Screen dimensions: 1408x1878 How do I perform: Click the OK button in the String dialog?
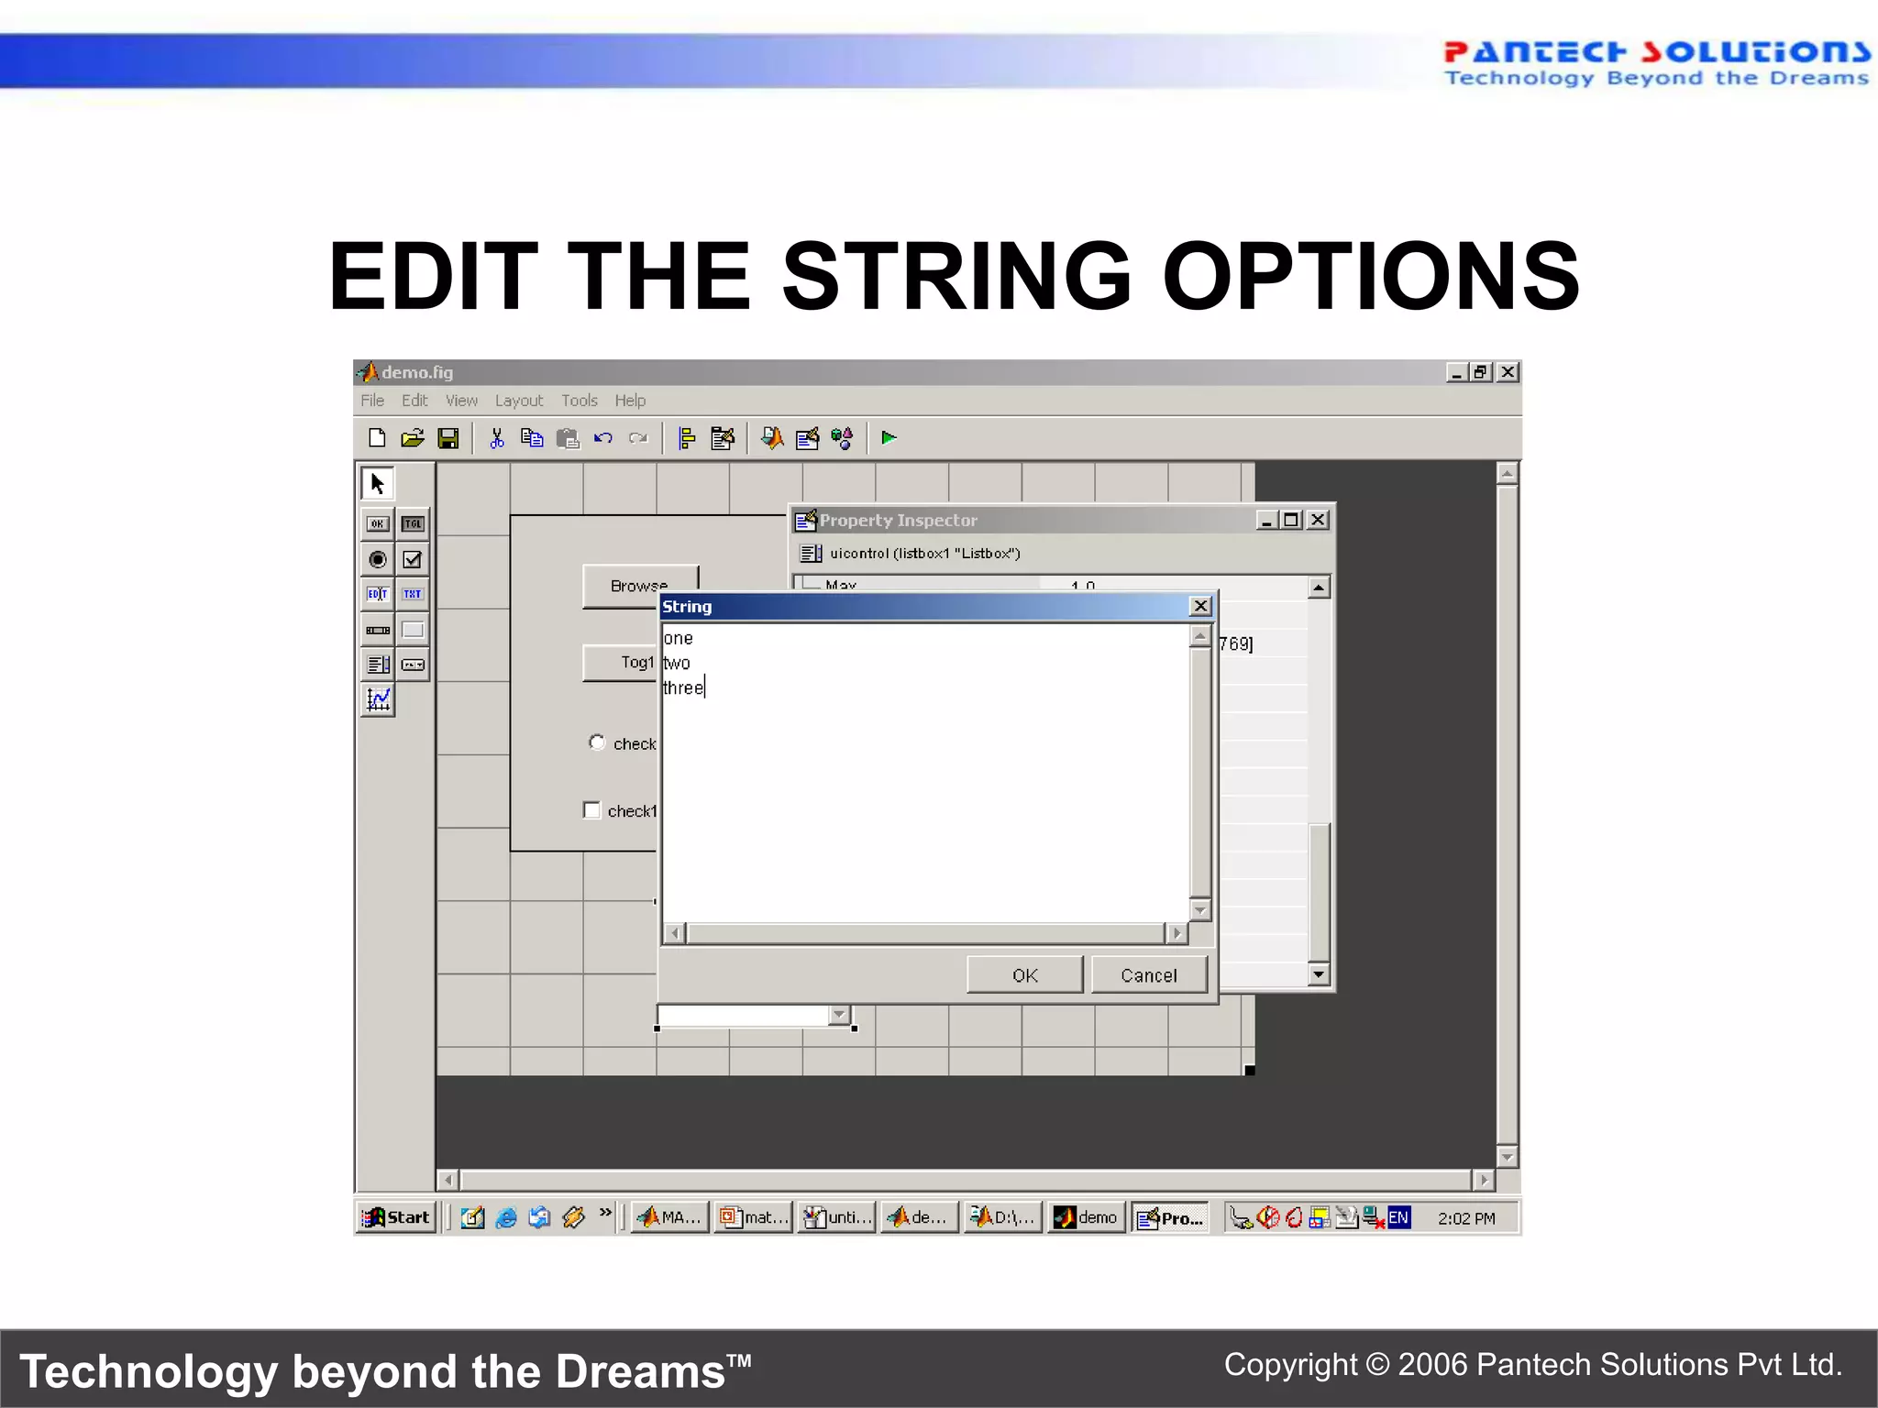pyautogui.click(x=1024, y=975)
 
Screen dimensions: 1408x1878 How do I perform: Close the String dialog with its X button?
pyautogui.click(x=1199, y=606)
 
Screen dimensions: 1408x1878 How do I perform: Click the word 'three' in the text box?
pyautogui.click(x=683, y=687)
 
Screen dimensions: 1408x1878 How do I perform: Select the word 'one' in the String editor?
pyautogui.click(x=679, y=638)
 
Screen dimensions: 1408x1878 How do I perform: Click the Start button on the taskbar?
pyautogui.click(x=397, y=1217)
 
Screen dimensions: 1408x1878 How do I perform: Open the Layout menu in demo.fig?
pyautogui.click(x=518, y=401)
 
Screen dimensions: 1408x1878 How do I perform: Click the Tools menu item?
pyautogui.click(x=579, y=401)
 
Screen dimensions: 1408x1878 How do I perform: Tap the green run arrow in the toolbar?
pyautogui.click(x=888, y=438)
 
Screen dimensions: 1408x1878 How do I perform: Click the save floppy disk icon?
pyautogui.click(x=448, y=438)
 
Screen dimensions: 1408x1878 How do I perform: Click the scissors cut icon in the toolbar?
pyautogui.click(x=496, y=438)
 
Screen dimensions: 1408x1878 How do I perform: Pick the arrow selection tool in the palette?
pyautogui.click(x=377, y=483)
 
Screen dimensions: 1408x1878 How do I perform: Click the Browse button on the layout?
pyautogui.click(x=639, y=585)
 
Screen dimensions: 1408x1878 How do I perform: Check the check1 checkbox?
pyautogui.click(x=592, y=810)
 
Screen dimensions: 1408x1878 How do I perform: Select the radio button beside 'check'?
pyautogui.click(x=597, y=742)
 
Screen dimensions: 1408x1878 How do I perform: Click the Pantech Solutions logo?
pyautogui.click(x=1655, y=62)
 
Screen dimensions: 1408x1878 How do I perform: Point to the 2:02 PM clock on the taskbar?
pyautogui.click(x=1465, y=1218)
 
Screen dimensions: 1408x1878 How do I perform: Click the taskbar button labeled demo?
pyautogui.click(x=1088, y=1217)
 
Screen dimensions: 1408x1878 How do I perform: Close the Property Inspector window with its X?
pyautogui.click(x=1318, y=520)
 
